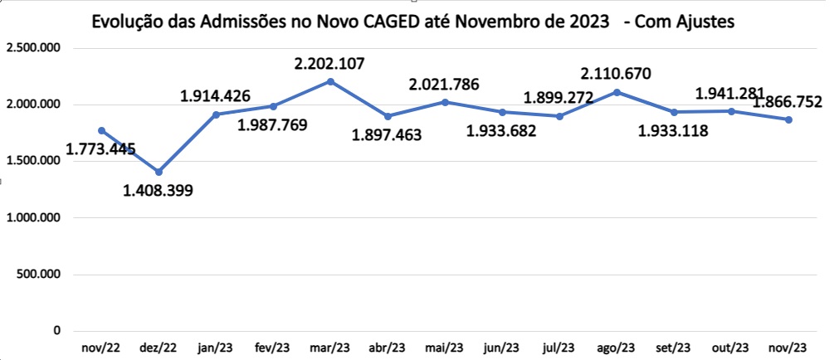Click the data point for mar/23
330,81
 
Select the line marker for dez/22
159,172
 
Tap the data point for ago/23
616,92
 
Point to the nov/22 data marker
102,130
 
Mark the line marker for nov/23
788,119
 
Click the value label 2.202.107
330,63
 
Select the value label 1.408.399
158,191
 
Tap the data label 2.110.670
616,74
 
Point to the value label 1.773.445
100,149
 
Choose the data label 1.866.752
787,102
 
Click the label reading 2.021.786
444,84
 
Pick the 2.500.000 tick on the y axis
32,48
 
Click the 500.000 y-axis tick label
38,275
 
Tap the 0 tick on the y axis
56,331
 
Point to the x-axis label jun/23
501,347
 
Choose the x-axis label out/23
730,347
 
